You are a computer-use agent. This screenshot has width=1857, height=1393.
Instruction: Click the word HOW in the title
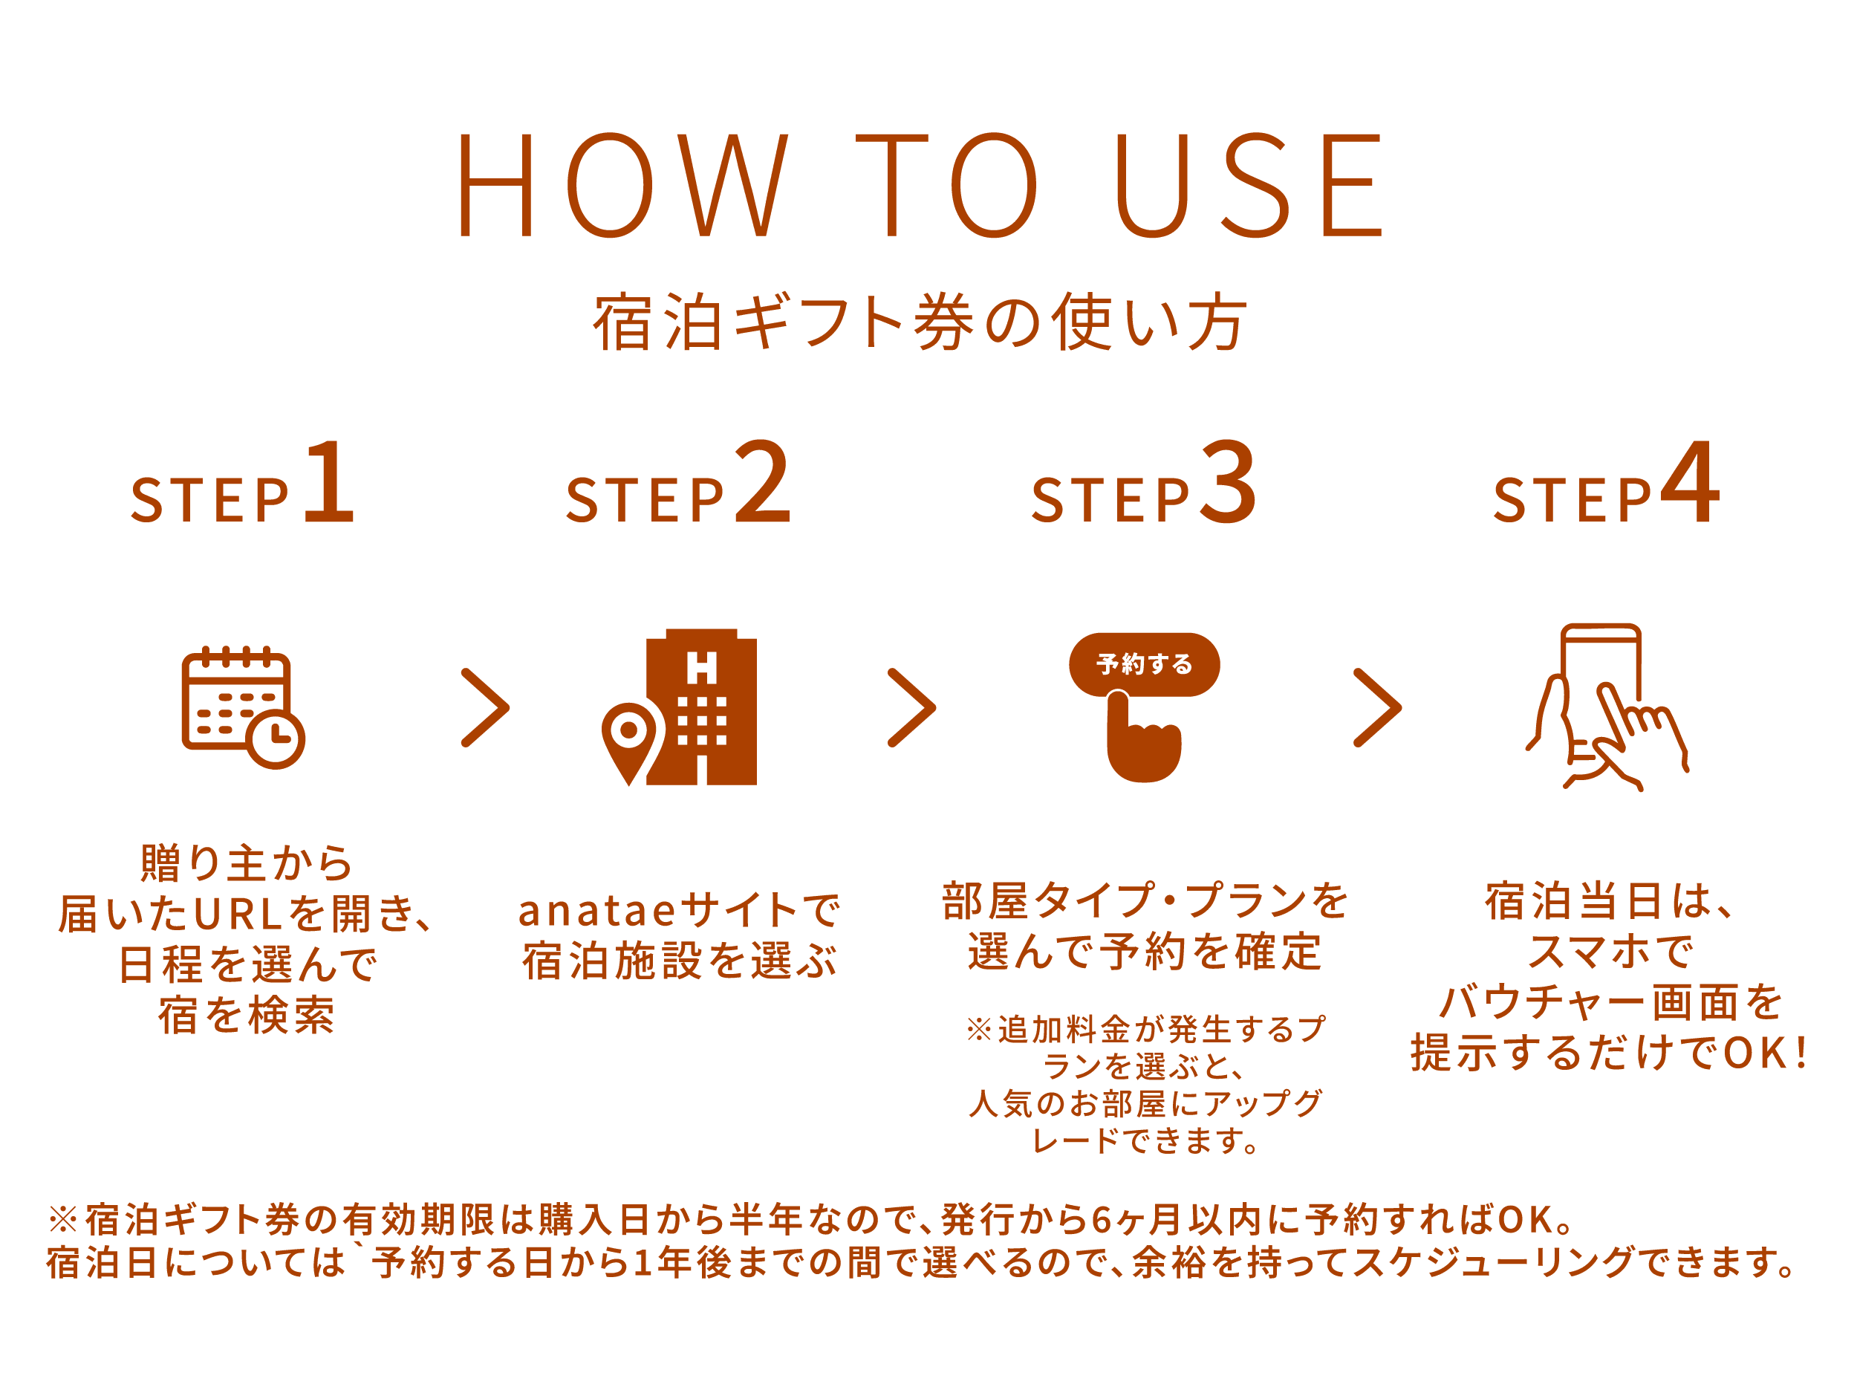coord(622,186)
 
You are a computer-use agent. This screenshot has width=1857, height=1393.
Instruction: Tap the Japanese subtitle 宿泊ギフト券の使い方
coord(920,322)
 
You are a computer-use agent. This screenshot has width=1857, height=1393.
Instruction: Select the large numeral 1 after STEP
coord(329,484)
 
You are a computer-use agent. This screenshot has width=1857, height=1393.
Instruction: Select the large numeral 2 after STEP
coord(762,484)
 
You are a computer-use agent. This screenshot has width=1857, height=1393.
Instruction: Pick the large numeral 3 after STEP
coord(1228,484)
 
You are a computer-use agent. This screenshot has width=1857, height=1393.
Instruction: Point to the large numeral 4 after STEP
coord(1690,484)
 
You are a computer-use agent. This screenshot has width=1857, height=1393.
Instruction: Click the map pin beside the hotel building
coord(628,739)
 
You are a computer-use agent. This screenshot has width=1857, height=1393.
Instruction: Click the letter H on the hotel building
coord(702,669)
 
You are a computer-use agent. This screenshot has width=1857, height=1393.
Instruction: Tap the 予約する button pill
coord(1143,664)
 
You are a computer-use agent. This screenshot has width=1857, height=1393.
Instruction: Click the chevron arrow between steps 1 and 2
coord(486,708)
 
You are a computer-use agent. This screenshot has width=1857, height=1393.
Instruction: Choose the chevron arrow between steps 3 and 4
coord(1378,708)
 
